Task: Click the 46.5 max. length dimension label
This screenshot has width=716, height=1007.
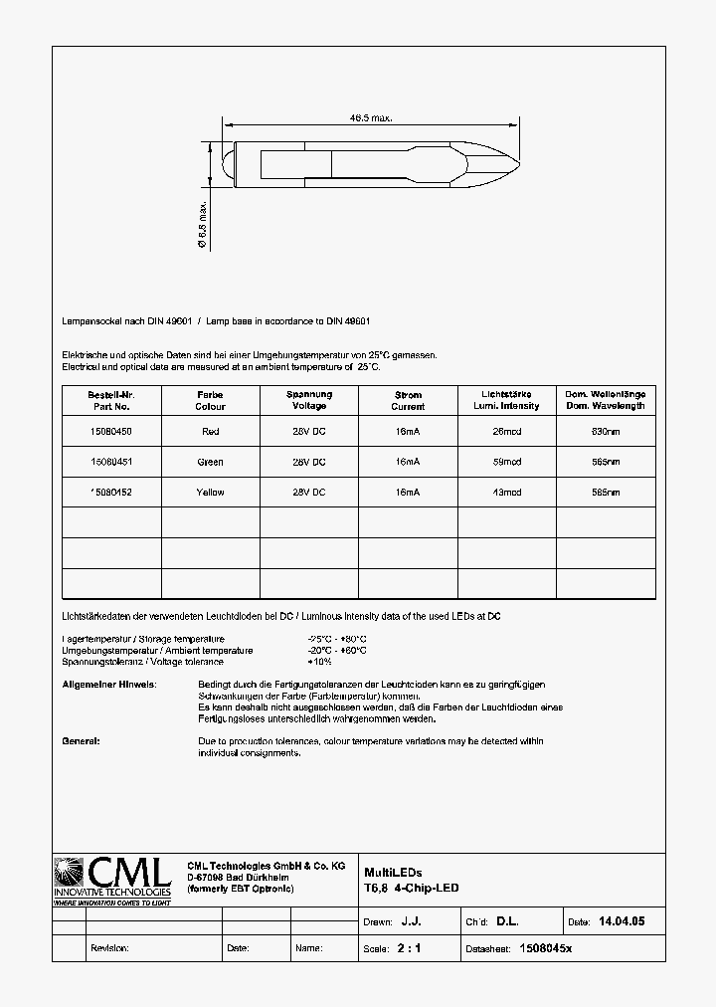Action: pyautogui.click(x=370, y=118)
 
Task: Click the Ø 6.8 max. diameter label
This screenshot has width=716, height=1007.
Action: pyautogui.click(x=202, y=223)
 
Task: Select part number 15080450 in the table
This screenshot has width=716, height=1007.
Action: pyautogui.click(x=110, y=432)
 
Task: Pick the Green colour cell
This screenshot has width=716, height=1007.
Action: pyautogui.click(x=210, y=462)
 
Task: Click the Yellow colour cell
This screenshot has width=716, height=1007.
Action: pyautogui.click(x=210, y=493)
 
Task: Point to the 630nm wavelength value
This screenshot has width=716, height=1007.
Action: pyautogui.click(x=606, y=432)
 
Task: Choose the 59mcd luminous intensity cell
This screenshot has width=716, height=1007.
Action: pyautogui.click(x=507, y=462)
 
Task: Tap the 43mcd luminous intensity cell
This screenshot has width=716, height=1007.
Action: pyautogui.click(x=507, y=493)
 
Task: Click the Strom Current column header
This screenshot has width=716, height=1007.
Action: pyautogui.click(x=408, y=400)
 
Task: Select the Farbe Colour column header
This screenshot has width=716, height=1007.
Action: pyautogui.click(x=210, y=400)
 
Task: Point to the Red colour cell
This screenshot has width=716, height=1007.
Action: pyautogui.click(x=210, y=432)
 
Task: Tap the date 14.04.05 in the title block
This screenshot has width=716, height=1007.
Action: pyautogui.click(x=621, y=922)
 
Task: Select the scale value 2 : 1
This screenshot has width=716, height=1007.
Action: pyautogui.click(x=409, y=949)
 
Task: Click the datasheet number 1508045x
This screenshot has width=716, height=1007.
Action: pyautogui.click(x=546, y=949)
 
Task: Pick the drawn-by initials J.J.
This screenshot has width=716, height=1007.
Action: pyautogui.click(x=410, y=922)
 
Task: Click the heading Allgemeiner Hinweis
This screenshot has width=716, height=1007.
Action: pyautogui.click(x=108, y=686)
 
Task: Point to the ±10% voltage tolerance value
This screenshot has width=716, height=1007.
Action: pyautogui.click(x=320, y=662)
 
